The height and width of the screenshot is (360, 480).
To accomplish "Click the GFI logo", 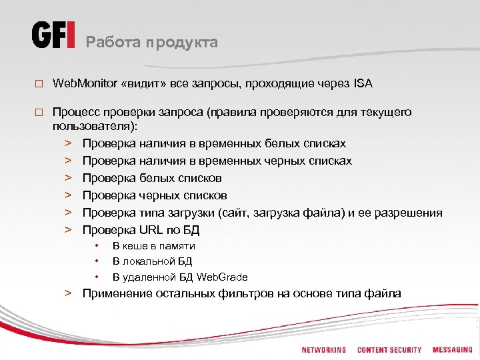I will pyautogui.click(x=53, y=35).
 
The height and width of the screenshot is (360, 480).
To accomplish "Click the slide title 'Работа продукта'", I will pyautogui.click(x=152, y=43).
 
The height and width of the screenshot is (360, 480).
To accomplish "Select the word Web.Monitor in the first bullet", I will pyautogui.click(x=84, y=83).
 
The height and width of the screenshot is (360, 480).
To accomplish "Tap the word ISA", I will pyautogui.click(x=363, y=83).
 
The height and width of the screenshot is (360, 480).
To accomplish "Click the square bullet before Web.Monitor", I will pyautogui.click(x=39, y=84).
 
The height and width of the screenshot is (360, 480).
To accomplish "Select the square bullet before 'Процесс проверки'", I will pyautogui.click(x=39, y=113).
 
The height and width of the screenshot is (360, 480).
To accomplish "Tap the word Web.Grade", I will pyautogui.click(x=222, y=277).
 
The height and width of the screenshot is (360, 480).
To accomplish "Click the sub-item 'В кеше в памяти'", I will pyautogui.click(x=153, y=246).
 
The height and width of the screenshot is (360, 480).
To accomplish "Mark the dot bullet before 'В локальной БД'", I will pyautogui.click(x=97, y=261).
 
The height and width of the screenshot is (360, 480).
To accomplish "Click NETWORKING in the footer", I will pyautogui.click(x=323, y=350).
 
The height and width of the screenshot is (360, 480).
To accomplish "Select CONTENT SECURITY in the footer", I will pyautogui.click(x=389, y=350).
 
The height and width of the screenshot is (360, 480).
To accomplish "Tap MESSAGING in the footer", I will pyautogui.click(x=452, y=350).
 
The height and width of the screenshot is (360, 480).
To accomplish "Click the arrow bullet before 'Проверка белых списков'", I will pyautogui.click(x=68, y=178).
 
